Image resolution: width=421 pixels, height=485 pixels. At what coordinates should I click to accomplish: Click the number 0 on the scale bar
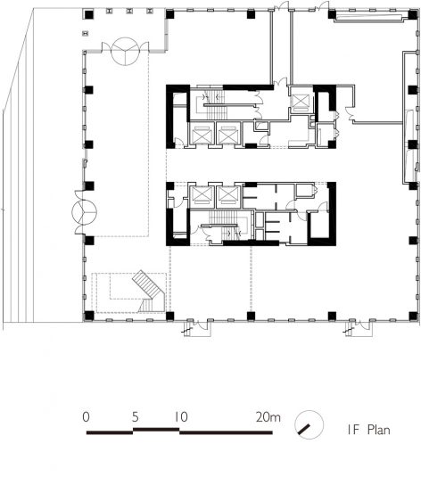coord(86,416)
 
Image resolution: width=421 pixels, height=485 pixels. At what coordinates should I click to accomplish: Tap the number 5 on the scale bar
coord(135,417)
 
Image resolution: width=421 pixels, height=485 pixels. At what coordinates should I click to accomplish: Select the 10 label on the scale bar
coord(181,417)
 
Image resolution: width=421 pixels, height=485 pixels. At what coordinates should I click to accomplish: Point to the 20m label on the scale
coord(268,417)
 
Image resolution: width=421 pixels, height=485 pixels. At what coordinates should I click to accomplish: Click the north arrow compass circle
coord(309,425)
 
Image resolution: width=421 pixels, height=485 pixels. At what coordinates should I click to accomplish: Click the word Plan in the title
coord(379,430)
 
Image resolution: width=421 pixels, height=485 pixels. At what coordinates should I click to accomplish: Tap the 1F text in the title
coord(353,430)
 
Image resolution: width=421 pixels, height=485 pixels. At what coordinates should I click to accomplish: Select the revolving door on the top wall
coord(125,52)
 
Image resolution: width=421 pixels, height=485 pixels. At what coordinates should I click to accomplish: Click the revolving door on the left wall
coord(84,212)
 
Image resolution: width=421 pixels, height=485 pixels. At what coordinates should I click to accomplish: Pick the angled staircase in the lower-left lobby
coord(149,292)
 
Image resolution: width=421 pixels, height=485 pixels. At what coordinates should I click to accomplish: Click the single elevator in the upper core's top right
coord(301,101)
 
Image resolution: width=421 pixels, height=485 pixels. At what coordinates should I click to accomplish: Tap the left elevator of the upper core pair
coord(202,135)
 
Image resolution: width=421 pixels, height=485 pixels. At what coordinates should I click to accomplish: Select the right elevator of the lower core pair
coord(228,196)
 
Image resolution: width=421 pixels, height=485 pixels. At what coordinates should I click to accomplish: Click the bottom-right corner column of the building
coord(413,316)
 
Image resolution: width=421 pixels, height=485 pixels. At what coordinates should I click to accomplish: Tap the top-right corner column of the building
coord(413,14)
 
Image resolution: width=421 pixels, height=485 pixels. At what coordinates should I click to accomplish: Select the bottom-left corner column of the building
coord(89,316)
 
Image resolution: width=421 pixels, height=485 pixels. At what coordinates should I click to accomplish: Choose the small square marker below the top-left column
coord(86,33)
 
